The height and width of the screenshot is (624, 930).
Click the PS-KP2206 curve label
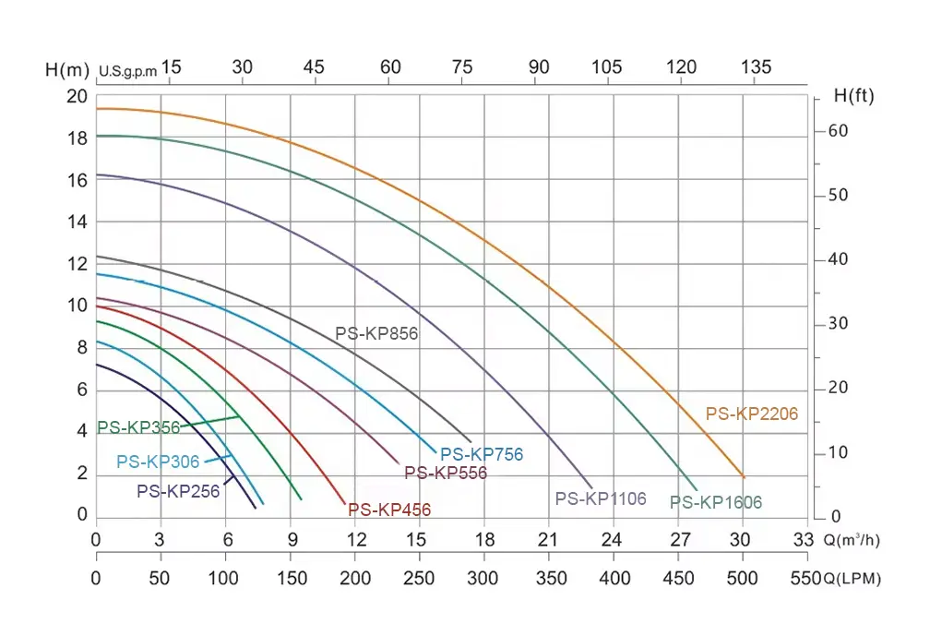pos(752,414)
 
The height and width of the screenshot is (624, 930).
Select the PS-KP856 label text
pos(376,334)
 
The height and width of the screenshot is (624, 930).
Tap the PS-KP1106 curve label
pos(601,498)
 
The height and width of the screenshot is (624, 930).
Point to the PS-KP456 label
pos(389,510)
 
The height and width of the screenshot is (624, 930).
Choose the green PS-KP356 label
pos(138,427)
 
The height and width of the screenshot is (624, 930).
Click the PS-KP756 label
pos(482,454)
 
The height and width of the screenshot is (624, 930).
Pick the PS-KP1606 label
pos(716,503)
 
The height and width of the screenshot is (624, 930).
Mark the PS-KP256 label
pos(178,491)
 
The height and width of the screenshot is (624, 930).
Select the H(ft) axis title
pos(853,95)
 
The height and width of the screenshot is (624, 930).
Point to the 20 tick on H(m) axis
pos(77,97)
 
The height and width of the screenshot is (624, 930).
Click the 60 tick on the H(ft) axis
pos(837,131)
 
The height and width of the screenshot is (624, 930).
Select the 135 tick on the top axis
pos(756,67)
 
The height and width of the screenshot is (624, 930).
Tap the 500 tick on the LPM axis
pos(743,579)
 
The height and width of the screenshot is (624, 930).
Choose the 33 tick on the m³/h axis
pos(806,539)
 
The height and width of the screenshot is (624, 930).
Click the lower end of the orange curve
pos(743,476)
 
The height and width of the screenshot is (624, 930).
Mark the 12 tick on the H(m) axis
pos(77,264)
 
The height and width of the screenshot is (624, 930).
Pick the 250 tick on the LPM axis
pos(420,579)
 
